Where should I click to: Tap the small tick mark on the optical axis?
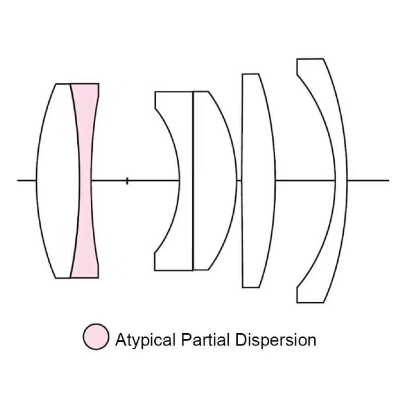point(127,181)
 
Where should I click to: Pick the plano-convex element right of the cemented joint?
point(214,181)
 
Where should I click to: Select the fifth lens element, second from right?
point(258,181)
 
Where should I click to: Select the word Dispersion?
point(276,340)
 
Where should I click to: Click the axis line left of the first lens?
point(27,181)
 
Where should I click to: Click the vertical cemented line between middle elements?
point(193,181)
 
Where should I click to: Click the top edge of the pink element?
point(85,84)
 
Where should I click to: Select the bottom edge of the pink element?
point(85,277)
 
